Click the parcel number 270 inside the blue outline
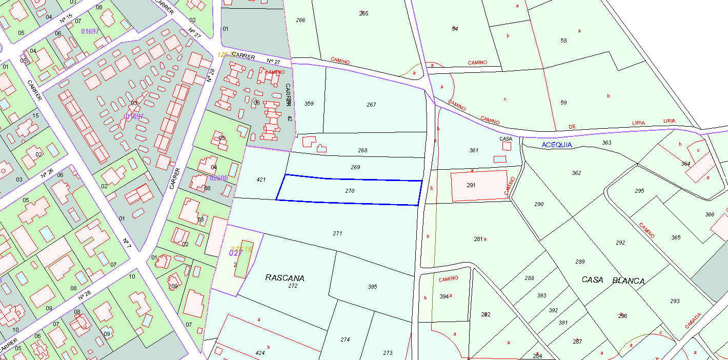pos(350,191)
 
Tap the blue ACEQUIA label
pos(557,145)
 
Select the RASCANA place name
pos(285,278)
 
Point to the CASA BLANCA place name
pos(613,281)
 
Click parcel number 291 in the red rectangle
pos(472,185)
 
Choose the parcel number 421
pos(261,179)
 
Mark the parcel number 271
pos(337,233)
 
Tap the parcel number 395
pos(373,287)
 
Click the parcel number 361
pos(474,150)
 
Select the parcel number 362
pos(576,173)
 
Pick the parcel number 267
pos(371,105)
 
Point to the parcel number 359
pos(309,104)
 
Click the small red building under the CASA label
pos(507,146)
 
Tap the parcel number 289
pos(580,262)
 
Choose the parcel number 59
pos(563,103)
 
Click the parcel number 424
pos(260,353)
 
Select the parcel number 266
pos(300,20)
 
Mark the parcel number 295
pos(639,191)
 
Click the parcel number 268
pos(362,150)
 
